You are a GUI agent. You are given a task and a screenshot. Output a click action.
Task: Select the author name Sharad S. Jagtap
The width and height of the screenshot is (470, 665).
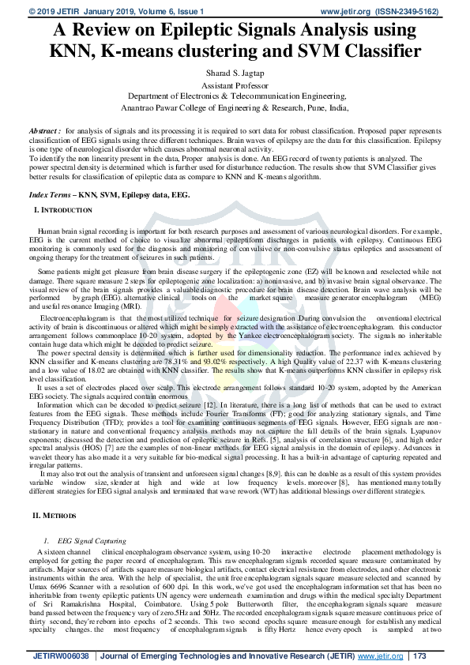[x=235, y=74]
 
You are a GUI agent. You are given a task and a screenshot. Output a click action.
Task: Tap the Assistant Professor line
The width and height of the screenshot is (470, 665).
[x=235, y=85]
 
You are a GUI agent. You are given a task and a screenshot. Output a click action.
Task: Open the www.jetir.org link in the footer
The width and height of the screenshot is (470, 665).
[x=378, y=657]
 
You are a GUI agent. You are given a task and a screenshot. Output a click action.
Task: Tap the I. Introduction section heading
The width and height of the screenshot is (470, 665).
[x=63, y=209]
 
